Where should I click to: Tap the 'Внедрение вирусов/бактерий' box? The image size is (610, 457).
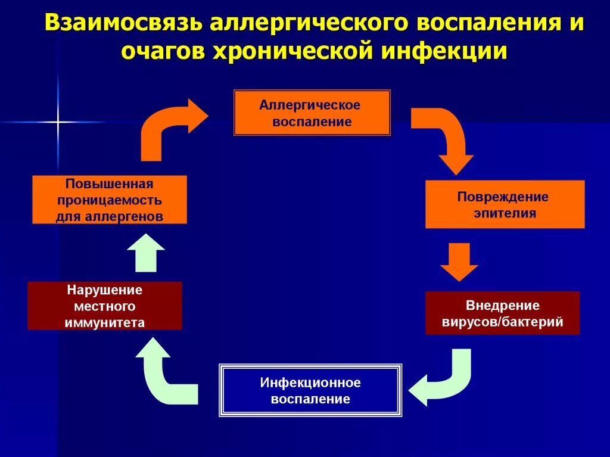(503, 313)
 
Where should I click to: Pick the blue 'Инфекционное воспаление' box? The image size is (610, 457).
(310, 390)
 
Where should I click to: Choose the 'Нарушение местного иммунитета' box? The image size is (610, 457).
(105, 306)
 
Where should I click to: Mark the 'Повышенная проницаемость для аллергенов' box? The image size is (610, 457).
(110, 200)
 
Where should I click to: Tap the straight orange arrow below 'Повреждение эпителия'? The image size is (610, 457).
(459, 260)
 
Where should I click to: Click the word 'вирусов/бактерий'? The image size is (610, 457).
(503, 322)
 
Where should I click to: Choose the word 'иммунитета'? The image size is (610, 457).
(105, 323)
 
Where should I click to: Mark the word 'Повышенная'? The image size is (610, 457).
(110, 184)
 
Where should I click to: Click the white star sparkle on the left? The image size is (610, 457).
(58, 122)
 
